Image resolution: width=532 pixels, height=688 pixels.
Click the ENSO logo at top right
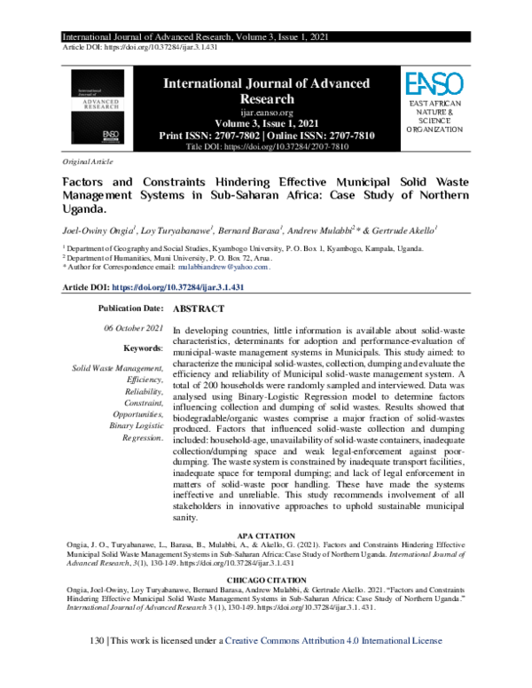(434, 85)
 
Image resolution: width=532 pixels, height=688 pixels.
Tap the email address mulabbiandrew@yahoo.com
(223, 266)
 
